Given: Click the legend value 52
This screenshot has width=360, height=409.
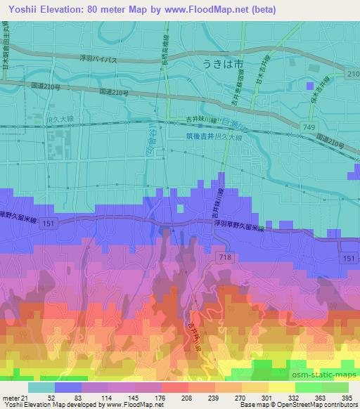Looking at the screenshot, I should point(52,398).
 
